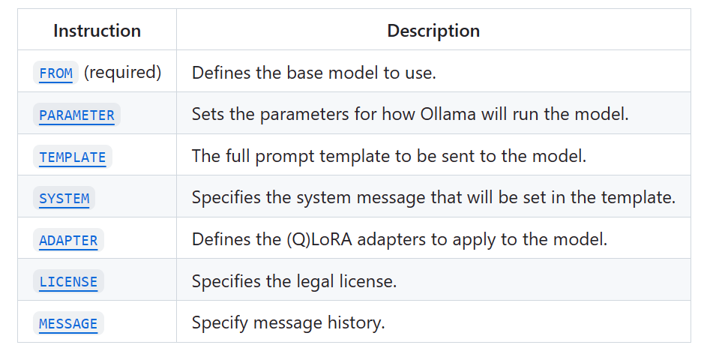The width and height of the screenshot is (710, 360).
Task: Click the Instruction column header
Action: tap(97, 31)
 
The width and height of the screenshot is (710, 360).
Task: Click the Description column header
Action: tap(433, 31)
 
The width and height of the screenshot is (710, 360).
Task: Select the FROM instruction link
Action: tap(56, 73)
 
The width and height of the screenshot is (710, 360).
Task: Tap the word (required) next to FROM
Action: tap(122, 73)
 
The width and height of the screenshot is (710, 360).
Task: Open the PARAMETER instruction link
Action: tap(76, 115)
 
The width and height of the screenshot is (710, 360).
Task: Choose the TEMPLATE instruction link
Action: tap(73, 157)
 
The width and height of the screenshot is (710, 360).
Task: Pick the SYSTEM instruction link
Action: tap(64, 199)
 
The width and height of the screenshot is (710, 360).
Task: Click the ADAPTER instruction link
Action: tap(68, 240)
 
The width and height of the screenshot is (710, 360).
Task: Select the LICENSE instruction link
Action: tap(68, 282)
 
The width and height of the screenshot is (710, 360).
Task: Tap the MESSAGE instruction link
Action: tap(68, 323)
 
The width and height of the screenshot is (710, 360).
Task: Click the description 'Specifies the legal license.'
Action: tap(294, 282)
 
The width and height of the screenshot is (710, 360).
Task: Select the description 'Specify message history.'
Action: tap(288, 323)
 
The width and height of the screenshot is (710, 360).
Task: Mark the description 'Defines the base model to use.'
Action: tap(313, 73)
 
